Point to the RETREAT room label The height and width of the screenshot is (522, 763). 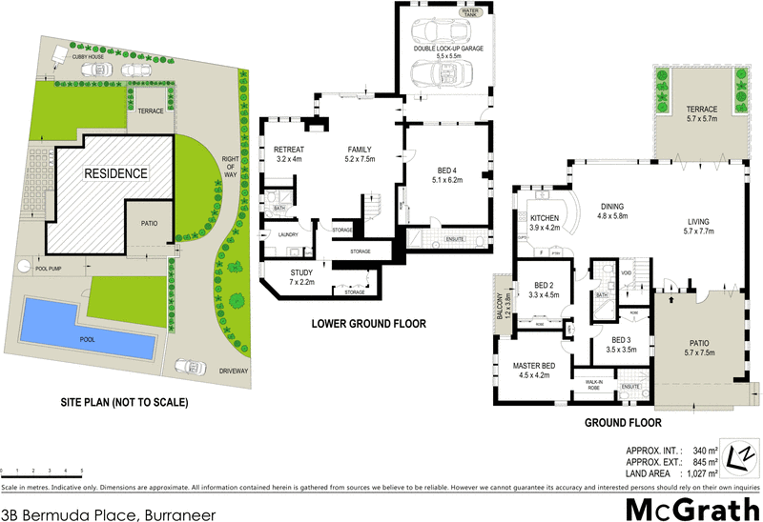(288, 151)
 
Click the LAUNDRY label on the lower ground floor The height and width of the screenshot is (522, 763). (290, 235)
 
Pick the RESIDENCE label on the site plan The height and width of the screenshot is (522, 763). (115, 174)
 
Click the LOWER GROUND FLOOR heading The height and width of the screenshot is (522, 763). (368, 324)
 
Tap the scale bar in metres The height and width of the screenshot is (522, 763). (42, 472)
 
